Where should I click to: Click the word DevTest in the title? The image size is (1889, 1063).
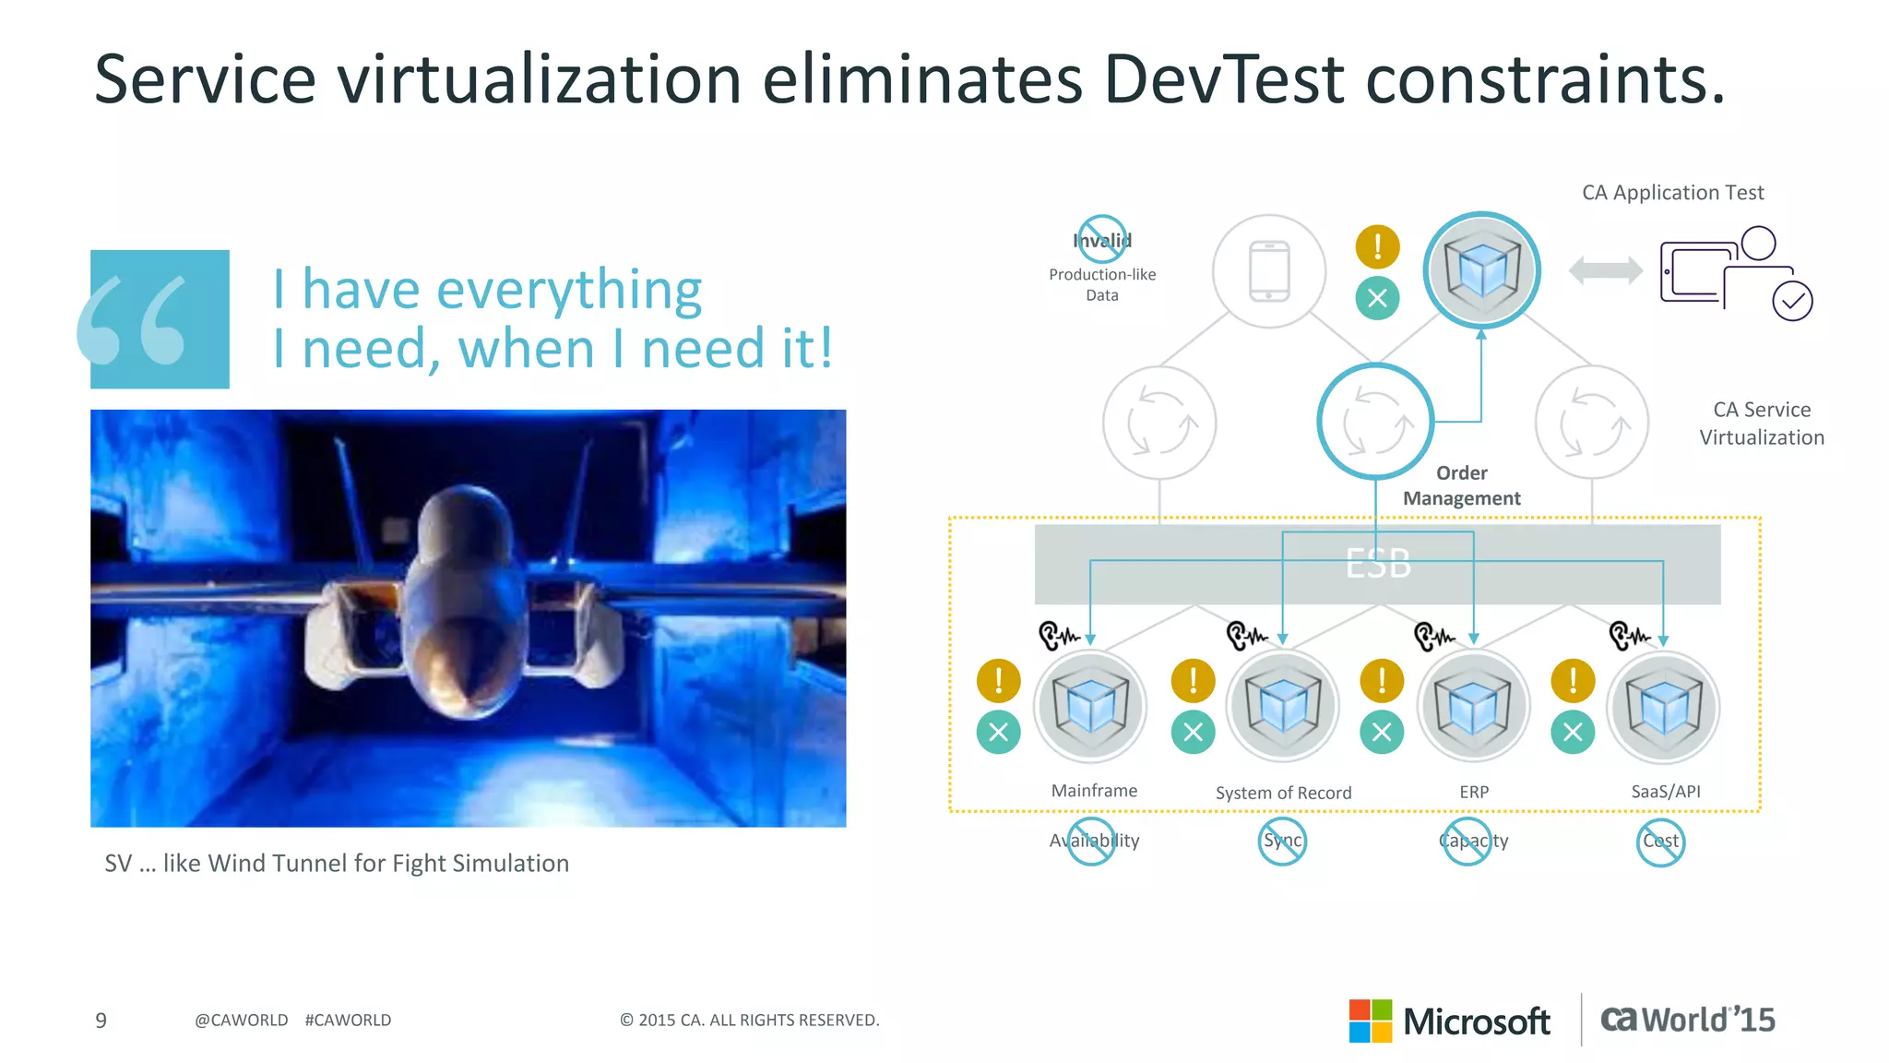pos(1223,79)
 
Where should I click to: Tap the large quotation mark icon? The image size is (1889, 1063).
pos(159,319)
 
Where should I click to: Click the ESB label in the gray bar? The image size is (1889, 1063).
pos(1378,563)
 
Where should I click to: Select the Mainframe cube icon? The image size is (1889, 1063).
pos(1090,707)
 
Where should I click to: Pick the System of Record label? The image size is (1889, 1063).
pos(1283,793)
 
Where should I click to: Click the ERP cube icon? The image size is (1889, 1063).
pos(1474,707)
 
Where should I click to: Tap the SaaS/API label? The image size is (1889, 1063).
pos(1666,792)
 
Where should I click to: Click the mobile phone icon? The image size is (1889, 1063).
pos(1269,271)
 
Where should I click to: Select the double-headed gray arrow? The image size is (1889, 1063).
pos(1605,270)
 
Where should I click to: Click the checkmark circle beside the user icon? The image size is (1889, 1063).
pos(1792,301)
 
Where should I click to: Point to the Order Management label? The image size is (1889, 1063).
pos(1462,485)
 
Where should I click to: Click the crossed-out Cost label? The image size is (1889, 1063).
pos(1660,842)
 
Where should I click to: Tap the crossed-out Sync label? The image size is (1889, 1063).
pos(1282,842)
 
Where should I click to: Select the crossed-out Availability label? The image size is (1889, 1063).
pos(1093,842)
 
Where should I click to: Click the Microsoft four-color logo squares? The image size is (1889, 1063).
pos(1370,1021)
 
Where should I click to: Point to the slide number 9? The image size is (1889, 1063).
pos(101,1021)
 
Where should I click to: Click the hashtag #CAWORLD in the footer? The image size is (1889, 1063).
pos(348,1021)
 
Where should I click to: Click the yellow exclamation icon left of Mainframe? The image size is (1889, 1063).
pos(998,681)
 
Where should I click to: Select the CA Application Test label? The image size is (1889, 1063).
pos(1672,193)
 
